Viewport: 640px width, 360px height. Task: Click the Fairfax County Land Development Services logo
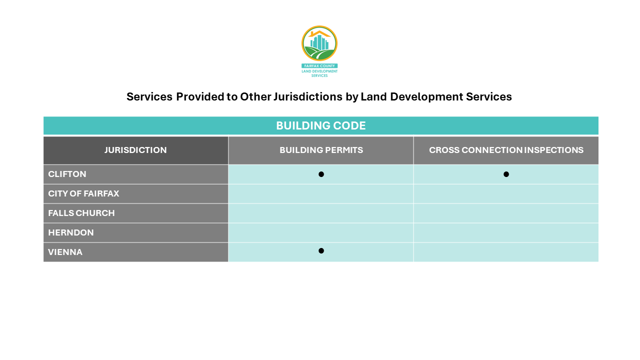coord(319,50)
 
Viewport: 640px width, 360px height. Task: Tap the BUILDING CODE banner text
coord(320,125)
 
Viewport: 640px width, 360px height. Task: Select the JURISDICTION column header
coord(135,150)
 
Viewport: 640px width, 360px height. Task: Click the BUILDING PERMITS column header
coord(321,150)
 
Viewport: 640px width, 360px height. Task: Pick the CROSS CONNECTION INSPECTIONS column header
coord(506,150)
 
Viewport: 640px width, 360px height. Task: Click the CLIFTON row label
coord(67,174)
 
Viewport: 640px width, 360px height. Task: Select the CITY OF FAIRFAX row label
coord(83,193)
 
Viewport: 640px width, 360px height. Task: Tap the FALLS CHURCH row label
coord(81,213)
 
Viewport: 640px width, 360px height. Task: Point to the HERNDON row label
coord(71,232)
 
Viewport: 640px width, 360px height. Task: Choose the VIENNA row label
coord(65,252)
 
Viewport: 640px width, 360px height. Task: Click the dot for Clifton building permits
coord(321,174)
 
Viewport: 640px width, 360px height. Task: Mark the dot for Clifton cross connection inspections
coord(506,174)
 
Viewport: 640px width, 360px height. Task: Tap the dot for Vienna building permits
coord(321,250)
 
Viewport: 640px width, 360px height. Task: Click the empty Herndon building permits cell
coord(321,232)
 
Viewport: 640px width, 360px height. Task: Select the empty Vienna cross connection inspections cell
coord(506,252)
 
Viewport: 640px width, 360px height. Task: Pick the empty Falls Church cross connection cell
coord(506,213)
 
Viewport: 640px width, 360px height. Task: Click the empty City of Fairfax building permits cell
coord(321,193)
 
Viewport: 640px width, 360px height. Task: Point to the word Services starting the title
coord(149,96)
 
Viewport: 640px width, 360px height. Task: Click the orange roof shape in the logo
coord(319,33)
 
